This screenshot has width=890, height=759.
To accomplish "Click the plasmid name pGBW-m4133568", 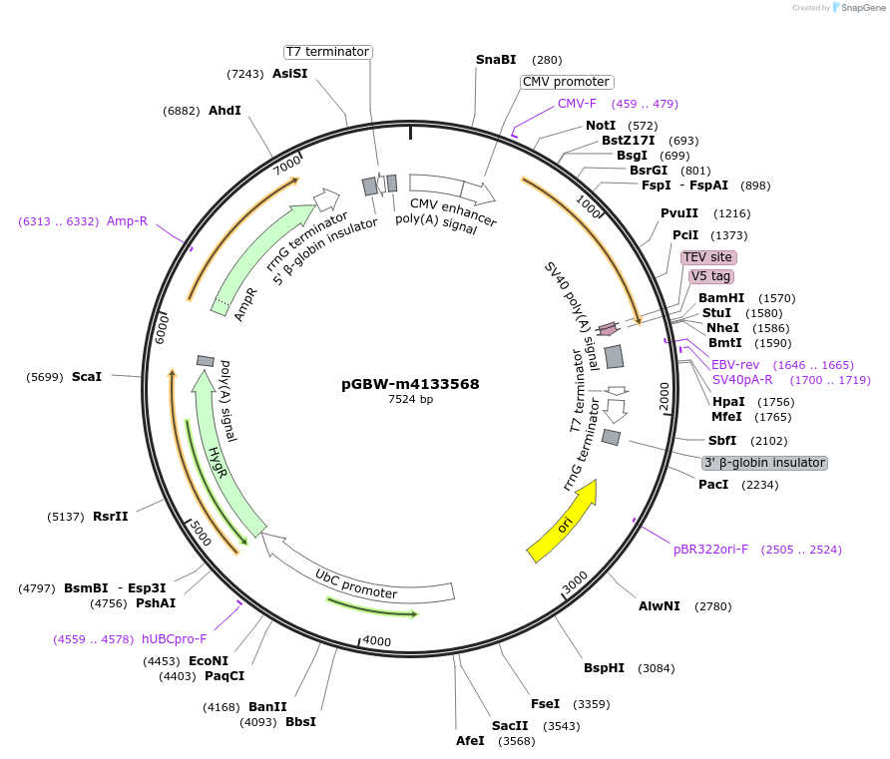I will pos(410,384).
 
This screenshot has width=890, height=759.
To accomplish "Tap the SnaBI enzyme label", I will pos(496,60).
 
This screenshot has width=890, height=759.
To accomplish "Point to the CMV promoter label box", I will pos(567,82).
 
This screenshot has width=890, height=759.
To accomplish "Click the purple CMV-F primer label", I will pos(577,103).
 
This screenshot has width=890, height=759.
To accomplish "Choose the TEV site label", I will pos(708,257).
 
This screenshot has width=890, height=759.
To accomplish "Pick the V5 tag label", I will pos(711,276).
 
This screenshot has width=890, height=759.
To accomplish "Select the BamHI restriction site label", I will pos(721,298).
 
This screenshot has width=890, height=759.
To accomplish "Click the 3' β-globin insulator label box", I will pos(765,463).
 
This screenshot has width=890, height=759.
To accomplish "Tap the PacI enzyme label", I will pos(713,485).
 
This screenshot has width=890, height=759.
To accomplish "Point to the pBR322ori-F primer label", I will pos(710,550).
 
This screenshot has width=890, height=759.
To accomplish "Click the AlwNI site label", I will pos(660,606).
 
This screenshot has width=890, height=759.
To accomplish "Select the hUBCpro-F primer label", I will pos(174,639).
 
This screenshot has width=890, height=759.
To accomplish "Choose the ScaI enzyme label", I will pos(87,377).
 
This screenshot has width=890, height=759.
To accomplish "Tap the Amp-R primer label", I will pos(127,221).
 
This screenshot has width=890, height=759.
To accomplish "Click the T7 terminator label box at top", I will pos(327,52).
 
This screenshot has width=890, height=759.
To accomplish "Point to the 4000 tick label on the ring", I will pos(377,641).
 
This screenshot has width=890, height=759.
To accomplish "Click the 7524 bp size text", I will pos(410,400).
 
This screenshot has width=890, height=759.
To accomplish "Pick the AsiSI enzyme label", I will pos(289,74).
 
